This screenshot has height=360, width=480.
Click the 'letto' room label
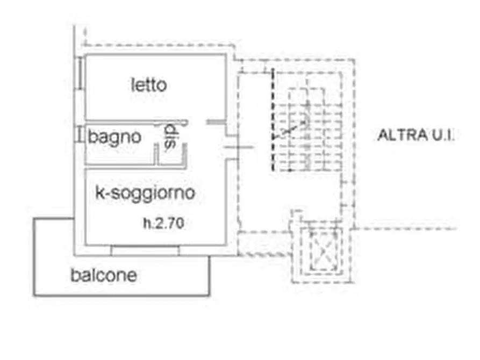(149, 85)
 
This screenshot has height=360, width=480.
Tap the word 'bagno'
(114, 138)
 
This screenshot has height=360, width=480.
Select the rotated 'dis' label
(170, 136)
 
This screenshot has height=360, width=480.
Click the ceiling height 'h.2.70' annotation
(164, 223)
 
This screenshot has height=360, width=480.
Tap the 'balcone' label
(104, 275)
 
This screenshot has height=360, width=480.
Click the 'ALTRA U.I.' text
(415, 135)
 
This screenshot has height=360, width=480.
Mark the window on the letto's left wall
(80, 74)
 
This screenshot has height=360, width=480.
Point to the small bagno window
(80, 135)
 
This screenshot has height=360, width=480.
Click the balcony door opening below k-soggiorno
(145, 250)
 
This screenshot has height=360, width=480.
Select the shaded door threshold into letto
(216, 122)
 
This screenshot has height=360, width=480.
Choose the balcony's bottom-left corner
(34, 296)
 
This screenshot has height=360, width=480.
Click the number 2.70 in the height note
(170, 223)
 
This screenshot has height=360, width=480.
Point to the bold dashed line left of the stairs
(273, 119)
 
